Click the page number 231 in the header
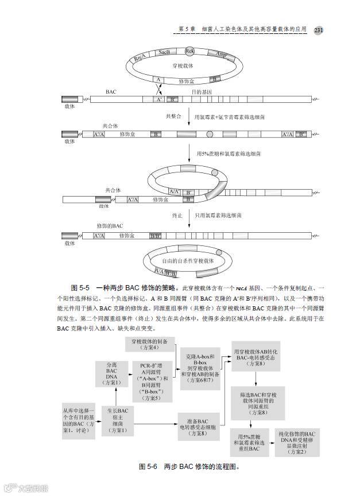pos(319,30)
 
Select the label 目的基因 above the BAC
pos(202,91)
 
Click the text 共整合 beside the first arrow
pos(173,116)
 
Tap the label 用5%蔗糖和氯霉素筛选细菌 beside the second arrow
pos(229,154)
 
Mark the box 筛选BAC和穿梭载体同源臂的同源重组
pos(258,403)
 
